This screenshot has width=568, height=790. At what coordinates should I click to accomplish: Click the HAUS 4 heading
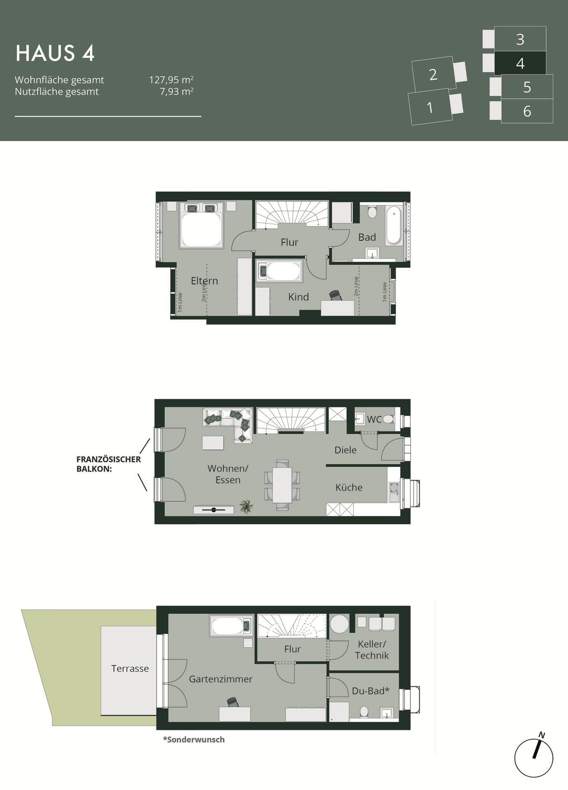[55, 53]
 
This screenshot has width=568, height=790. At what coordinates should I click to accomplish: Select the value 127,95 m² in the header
[171, 79]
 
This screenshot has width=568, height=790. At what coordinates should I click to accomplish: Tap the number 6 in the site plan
[527, 111]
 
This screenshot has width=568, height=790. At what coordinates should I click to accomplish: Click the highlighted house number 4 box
[520, 63]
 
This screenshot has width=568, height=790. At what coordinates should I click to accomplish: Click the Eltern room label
[204, 281]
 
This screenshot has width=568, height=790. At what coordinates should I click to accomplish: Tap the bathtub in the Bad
[394, 226]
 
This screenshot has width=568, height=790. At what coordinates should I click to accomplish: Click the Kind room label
[298, 297]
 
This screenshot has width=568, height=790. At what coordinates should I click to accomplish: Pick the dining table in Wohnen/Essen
[282, 485]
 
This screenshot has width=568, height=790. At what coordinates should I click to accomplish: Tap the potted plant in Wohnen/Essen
[247, 507]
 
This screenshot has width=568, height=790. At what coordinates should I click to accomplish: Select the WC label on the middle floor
[374, 419]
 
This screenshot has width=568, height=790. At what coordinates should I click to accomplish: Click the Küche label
[349, 488]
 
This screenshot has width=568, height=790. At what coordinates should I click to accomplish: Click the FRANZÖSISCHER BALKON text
[109, 464]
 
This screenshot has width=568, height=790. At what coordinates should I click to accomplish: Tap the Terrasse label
[130, 669]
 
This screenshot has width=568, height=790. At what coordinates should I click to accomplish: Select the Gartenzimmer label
[221, 679]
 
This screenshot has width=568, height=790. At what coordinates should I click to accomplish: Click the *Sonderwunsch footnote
[194, 739]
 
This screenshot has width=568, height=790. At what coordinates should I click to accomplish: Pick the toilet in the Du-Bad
[364, 711]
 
